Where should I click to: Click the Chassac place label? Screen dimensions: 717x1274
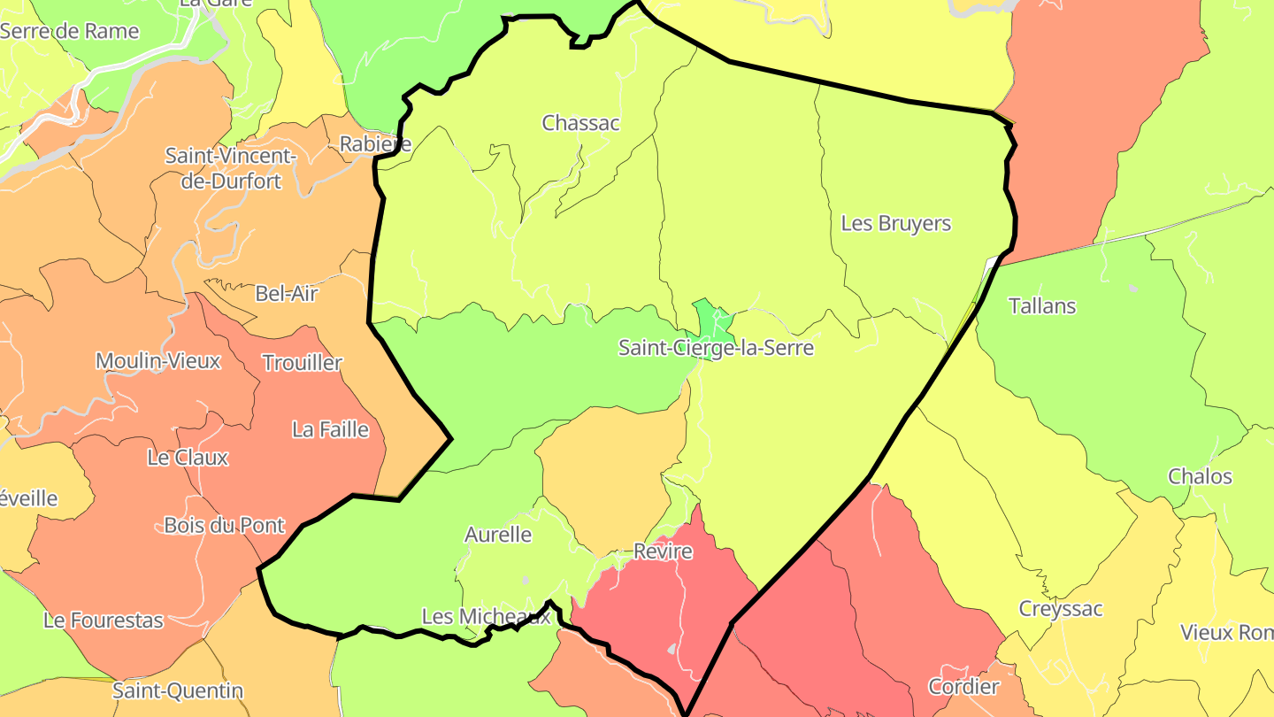[x=580, y=123]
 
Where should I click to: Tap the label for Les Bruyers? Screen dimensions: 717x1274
[x=895, y=223]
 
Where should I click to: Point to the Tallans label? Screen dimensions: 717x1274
[x=1041, y=306]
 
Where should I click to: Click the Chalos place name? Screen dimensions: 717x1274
[x=1200, y=476]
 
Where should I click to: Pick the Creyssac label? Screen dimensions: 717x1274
[x=1060, y=609]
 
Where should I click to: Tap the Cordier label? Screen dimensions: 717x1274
[x=963, y=686]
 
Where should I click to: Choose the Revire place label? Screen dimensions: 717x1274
[x=663, y=551]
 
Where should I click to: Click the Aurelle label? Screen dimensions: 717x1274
[x=497, y=535]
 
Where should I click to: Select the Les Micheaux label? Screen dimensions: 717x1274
[x=486, y=616]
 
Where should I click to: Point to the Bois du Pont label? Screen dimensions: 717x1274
[x=224, y=525]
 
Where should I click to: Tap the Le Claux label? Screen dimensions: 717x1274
[x=188, y=458]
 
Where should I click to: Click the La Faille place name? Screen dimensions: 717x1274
[x=330, y=429]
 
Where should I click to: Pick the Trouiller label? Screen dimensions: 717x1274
[x=302, y=362]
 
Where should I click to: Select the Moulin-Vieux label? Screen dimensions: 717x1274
[x=157, y=360]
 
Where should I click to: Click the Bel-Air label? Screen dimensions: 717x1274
[x=286, y=293]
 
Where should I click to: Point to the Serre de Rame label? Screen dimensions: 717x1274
[x=70, y=31]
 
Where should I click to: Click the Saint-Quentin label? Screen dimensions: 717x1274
[x=177, y=690]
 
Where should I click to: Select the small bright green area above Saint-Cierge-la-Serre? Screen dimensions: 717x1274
[x=710, y=318]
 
